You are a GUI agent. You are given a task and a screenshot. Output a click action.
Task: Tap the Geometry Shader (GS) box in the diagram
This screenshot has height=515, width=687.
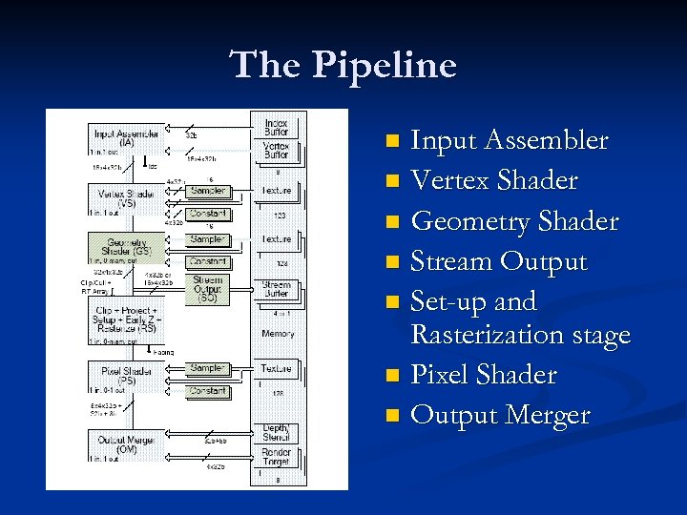(126, 247)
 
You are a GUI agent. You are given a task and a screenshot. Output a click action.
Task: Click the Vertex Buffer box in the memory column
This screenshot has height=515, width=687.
(276, 152)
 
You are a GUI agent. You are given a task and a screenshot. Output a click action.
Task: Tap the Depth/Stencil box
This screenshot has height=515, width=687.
(276, 434)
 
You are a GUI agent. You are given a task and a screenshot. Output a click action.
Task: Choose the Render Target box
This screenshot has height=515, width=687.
(276, 458)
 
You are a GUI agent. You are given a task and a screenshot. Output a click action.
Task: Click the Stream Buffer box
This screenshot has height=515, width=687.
(276, 288)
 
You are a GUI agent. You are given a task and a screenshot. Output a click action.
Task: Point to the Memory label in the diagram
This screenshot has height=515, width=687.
(277, 334)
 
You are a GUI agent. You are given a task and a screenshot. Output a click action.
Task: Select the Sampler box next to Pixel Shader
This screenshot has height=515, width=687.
(207, 368)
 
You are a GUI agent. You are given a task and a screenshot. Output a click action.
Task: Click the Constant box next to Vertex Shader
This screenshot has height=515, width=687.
(207, 214)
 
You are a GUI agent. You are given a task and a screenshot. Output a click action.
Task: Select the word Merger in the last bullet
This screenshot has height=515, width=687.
(547, 416)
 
